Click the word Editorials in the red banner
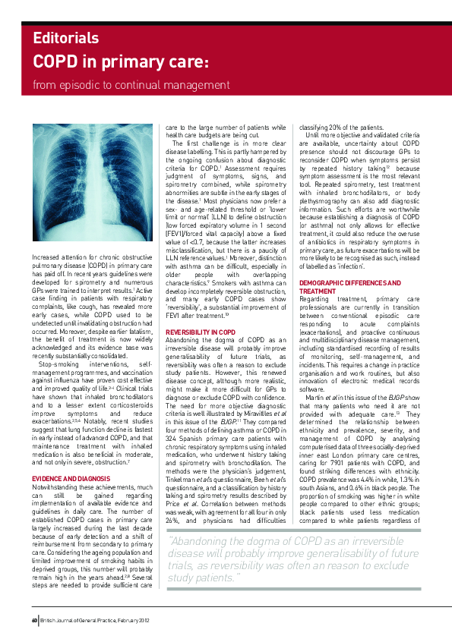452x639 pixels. click(x=65, y=37)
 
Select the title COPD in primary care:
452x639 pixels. click(x=122, y=61)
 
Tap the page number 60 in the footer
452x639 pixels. click(x=34, y=620)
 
